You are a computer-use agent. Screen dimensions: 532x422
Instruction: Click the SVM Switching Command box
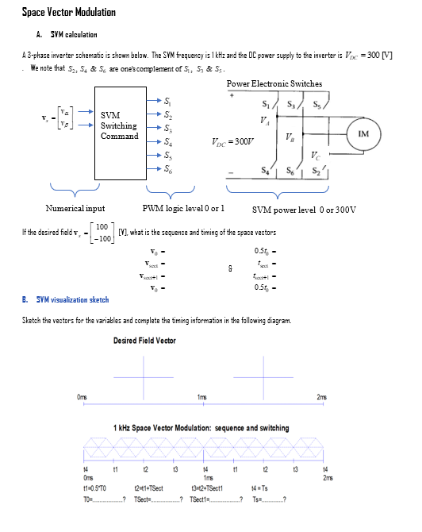point(119,126)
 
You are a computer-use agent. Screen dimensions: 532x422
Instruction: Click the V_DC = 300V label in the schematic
point(232,143)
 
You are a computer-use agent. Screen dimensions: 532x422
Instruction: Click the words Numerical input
point(75,209)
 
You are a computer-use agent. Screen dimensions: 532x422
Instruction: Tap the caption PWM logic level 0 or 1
point(182,209)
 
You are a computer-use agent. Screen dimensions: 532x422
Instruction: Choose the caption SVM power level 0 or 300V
point(305,210)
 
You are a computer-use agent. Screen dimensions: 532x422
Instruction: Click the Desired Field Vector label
point(144,341)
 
